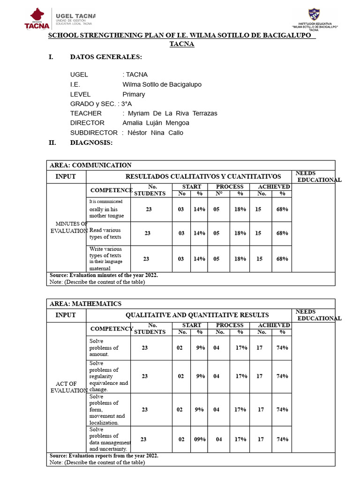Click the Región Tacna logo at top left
click(37, 19)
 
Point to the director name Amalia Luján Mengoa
click(156, 123)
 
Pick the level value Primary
click(134, 94)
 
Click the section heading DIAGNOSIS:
click(91, 142)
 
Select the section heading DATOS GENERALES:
click(105, 57)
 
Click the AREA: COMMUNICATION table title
click(90, 165)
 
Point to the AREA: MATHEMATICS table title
click(85, 304)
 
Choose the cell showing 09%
click(200, 439)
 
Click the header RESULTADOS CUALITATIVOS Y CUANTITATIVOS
click(203, 177)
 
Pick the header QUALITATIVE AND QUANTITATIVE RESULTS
click(197, 315)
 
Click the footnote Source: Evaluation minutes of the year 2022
click(104, 276)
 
